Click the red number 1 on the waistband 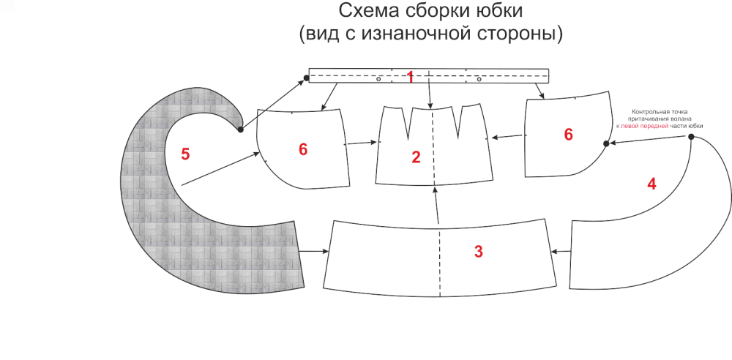point(410,77)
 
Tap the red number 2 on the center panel point(416,157)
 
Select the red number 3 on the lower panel point(479,252)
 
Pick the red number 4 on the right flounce point(651,184)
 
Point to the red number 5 point(185,154)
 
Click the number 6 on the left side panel point(303,149)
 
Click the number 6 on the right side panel point(568,134)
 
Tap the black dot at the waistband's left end point(306,78)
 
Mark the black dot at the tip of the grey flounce point(240,130)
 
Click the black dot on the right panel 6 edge point(606,144)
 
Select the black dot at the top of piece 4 point(691,137)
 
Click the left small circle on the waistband point(378,79)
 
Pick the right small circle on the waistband point(479,79)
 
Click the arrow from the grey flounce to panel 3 point(314,252)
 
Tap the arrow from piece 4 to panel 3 point(561,252)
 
